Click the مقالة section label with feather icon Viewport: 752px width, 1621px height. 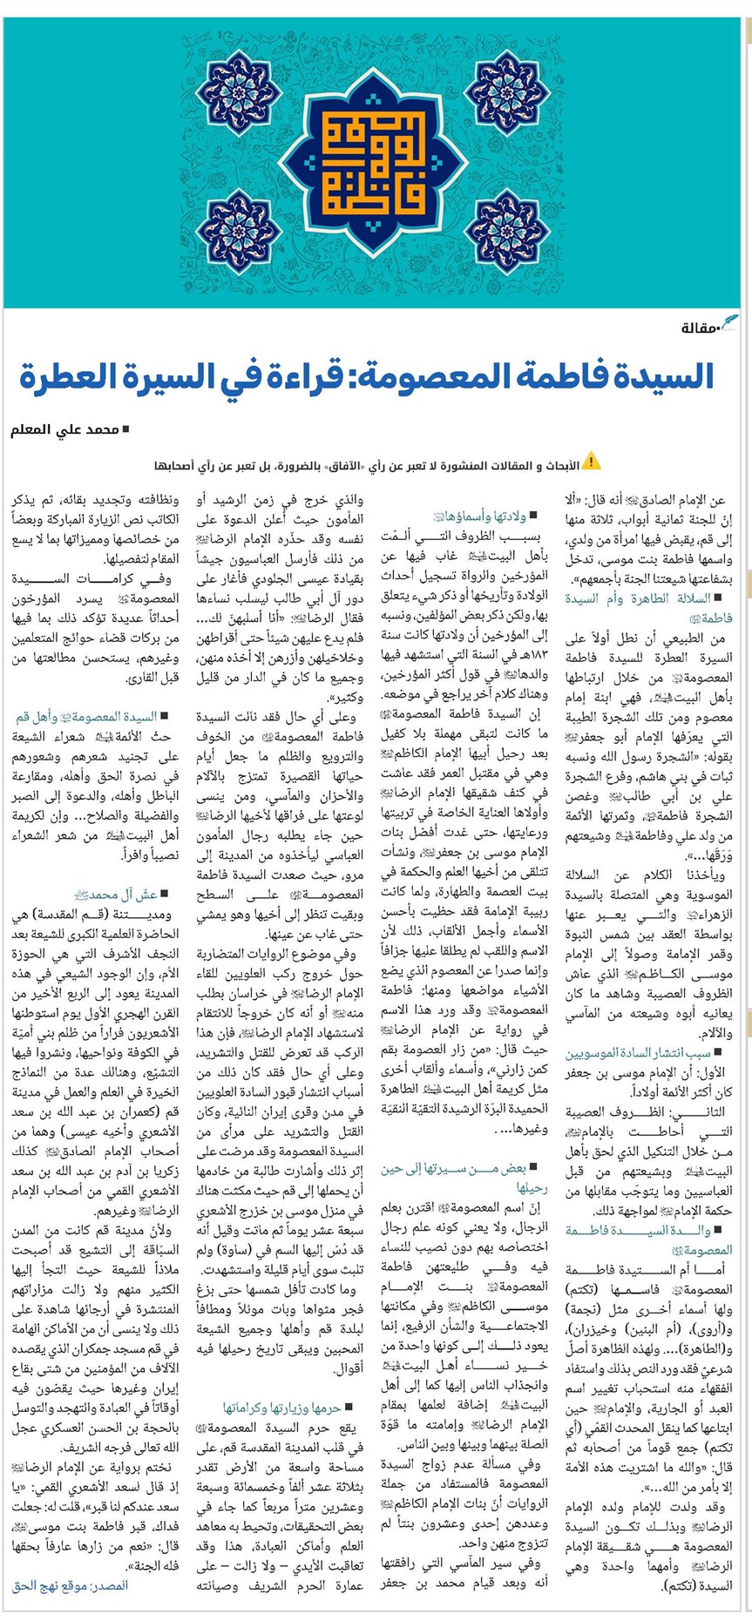tap(708, 327)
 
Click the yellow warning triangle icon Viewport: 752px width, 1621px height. tap(592, 461)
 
